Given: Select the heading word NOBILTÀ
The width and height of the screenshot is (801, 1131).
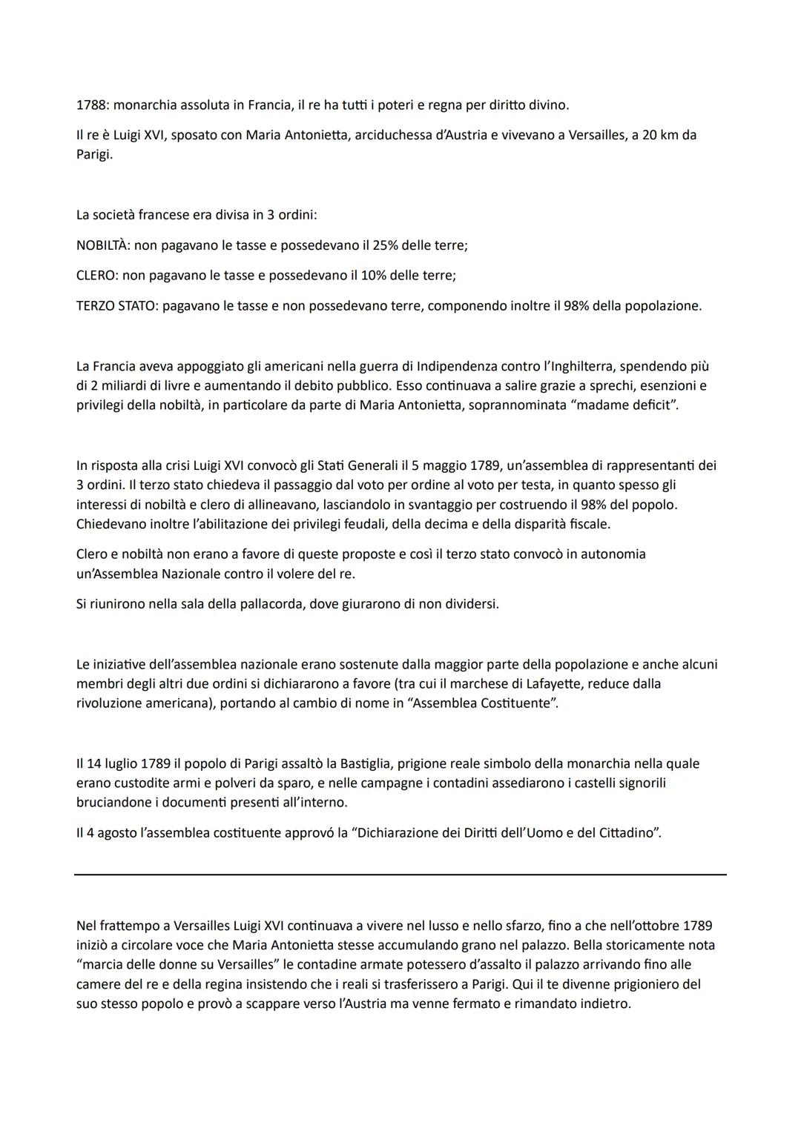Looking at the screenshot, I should pyautogui.click(x=102, y=245).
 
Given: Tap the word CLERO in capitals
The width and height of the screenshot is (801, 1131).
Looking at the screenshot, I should pyautogui.click(x=96, y=276).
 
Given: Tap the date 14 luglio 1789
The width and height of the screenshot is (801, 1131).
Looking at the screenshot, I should pyautogui.click(x=128, y=763).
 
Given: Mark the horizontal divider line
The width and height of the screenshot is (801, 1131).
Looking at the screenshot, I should pyautogui.click(x=400, y=875).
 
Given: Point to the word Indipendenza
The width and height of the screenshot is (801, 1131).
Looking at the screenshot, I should pyautogui.click(x=457, y=366).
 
